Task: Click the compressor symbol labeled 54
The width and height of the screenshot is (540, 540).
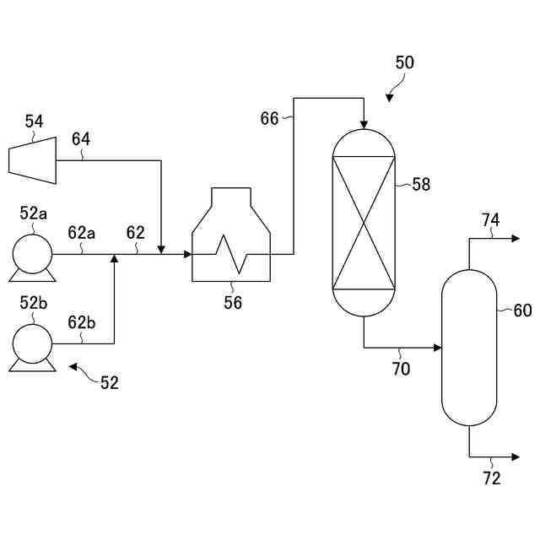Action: [x=32, y=157]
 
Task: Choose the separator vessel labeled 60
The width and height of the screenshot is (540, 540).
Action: [x=469, y=347]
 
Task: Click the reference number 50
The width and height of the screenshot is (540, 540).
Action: [x=405, y=63]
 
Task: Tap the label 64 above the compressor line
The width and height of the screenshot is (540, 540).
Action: [x=81, y=138]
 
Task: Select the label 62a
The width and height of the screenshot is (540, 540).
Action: [x=82, y=232]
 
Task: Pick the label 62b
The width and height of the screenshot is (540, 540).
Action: [x=82, y=322]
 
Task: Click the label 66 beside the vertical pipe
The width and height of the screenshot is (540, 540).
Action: [x=269, y=119]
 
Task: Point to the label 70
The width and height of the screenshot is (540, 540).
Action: [x=401, y=368]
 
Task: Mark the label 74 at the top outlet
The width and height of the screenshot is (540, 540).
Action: [x=490, y=220]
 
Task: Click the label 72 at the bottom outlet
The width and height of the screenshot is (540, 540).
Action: [x=492, y=478]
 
